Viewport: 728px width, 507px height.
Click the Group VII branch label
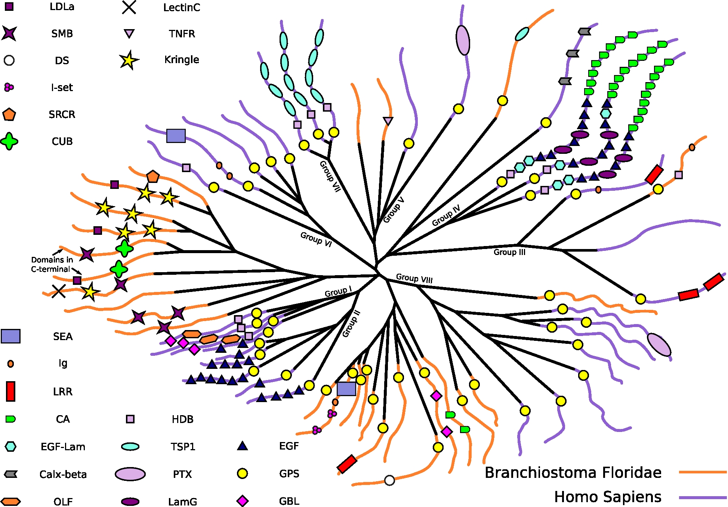[x=330, y=176]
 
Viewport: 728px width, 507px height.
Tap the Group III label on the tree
[x=509, y=252]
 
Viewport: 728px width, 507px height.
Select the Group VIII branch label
[x=414, y=279]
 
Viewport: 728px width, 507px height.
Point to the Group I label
[x=338, y=292]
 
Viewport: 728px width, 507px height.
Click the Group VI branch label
[x=316, y=239]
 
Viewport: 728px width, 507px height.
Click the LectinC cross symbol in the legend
[x=129, y=7]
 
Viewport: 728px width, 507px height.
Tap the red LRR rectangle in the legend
[x=10, y=391]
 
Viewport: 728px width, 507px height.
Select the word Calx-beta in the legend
[x=63, y=474]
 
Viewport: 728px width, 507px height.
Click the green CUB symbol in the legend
[x=9, y=141]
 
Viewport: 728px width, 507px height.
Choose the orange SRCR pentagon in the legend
[x=9, y=114]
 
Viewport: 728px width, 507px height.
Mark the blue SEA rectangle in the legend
[x=10, y=336]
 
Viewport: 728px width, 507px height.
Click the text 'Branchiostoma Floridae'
[x=573, y=472]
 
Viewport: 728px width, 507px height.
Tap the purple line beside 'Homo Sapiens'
[x=703, y=497]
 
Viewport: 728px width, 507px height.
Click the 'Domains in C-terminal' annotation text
[x=52, y=264]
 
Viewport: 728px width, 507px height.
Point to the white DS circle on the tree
[x=389, y=480]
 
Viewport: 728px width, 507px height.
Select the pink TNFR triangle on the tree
[x=388, y=121]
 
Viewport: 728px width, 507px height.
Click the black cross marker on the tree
[x=59, y=291]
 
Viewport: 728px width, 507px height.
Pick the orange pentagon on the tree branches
[x=153, y=176]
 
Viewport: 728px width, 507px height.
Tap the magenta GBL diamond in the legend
[x=243, y=501]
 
